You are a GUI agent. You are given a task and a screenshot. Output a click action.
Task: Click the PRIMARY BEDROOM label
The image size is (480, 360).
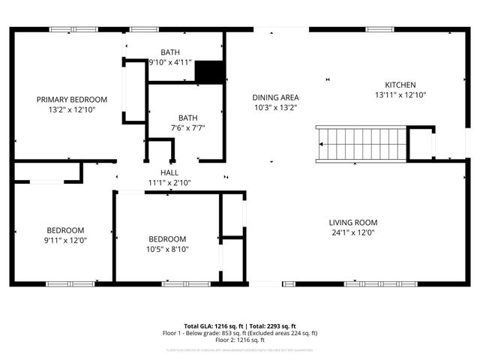tap(73, 99)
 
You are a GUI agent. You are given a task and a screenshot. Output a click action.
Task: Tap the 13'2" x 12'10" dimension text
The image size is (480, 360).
tap(73, 109)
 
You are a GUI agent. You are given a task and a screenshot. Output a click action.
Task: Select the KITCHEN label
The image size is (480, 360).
tap(400, 85)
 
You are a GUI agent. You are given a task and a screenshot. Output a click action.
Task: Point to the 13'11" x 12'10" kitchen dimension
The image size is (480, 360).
tap(400, 95)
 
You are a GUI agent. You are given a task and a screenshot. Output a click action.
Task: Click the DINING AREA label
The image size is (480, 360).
tap(275, 97)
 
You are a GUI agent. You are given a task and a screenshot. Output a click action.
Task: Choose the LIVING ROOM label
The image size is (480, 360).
tap(352, 222)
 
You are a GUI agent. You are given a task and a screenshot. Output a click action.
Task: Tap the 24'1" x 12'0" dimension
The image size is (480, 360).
tap(352, 232)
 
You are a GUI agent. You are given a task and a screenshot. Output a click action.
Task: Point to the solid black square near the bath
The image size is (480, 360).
tap(209, 72)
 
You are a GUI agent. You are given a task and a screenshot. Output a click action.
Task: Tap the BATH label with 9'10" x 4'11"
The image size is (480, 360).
tap(169, 52)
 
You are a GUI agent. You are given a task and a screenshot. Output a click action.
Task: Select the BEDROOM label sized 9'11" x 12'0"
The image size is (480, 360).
tap(66, 230)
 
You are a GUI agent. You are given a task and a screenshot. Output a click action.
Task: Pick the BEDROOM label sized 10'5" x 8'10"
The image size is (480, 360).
tap(166, 239)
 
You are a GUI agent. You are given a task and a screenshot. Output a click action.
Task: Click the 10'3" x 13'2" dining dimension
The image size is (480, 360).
tap(275, 107)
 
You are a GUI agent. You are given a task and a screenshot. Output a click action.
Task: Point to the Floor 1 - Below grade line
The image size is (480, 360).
tap(240, 333)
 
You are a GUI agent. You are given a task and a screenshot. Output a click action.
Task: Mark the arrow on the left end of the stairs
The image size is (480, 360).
tap(322, 143)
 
